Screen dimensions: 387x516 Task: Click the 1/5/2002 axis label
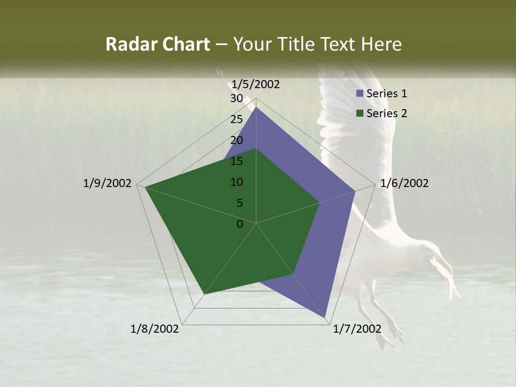(256, 84)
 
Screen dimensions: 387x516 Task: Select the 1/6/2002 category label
(404, 183)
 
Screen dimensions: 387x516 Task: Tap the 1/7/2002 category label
(357, 329)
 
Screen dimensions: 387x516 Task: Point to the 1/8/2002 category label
(155, 329)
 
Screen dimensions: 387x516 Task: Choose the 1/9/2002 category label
(107, 183)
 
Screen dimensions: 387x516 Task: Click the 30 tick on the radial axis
(236, 98)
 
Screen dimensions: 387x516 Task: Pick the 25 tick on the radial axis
(236, 119)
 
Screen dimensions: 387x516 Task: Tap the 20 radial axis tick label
(236, 140)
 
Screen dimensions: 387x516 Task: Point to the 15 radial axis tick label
(236, 161)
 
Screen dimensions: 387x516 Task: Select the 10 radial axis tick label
(236, 182)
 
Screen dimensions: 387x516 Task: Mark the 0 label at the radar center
(240, 224)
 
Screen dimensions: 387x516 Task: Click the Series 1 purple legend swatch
(360, 94)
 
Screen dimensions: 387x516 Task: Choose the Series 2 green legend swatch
(360, 113)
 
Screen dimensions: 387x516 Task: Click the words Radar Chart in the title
(157, 44)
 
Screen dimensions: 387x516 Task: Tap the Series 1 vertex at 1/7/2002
(325, 317)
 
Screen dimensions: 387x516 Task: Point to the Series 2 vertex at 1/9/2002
(146, 188)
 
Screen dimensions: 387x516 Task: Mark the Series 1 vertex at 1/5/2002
(256, 107)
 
